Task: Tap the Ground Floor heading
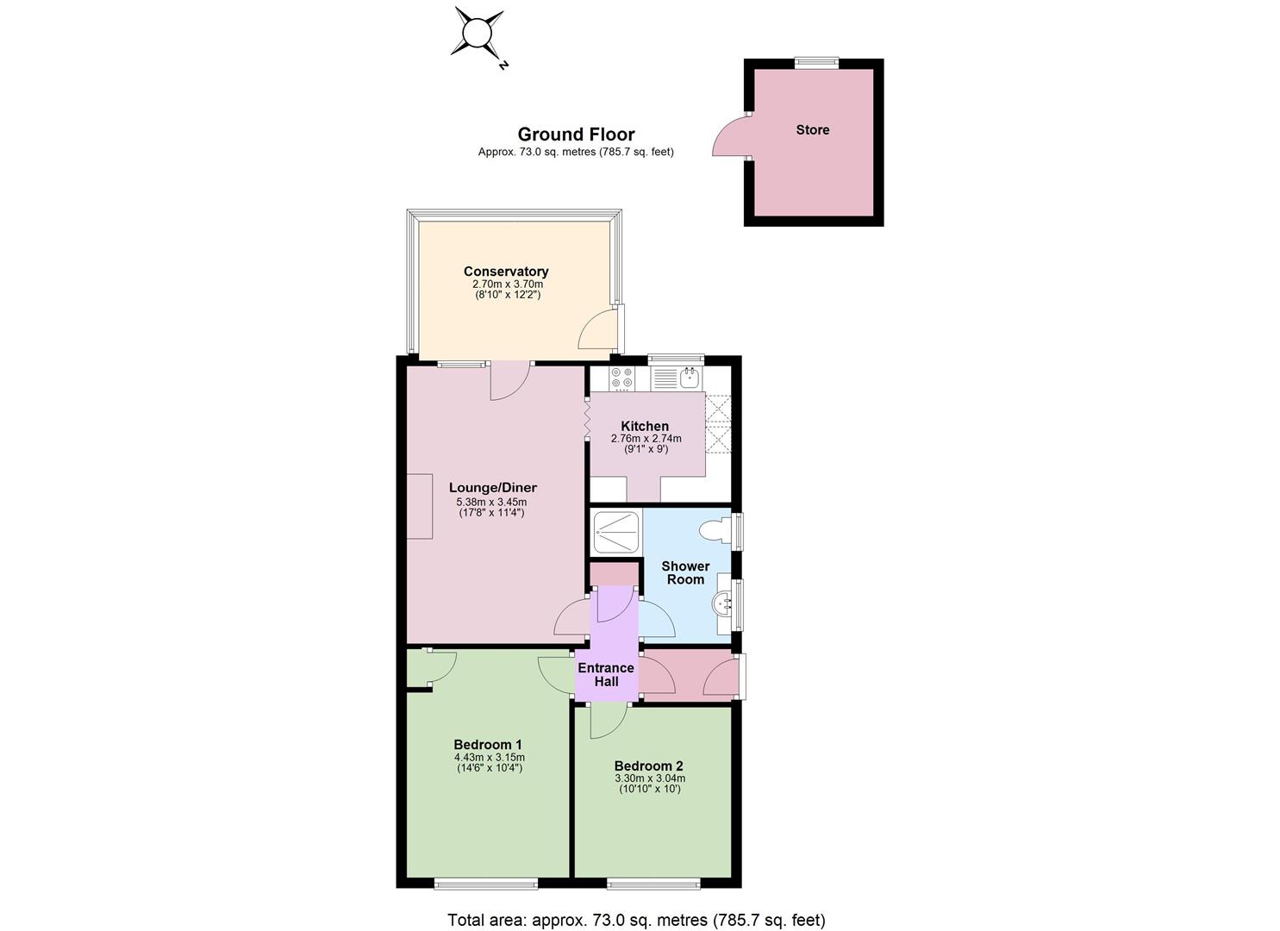point(576,134)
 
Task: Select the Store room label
point(813,129)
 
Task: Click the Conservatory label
point(506,272)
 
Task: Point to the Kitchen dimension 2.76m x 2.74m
point(646,439)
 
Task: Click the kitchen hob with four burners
point(621,378)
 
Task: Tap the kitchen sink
point(690,378)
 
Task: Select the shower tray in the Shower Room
point(616,533)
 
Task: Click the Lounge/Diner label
point(492,488)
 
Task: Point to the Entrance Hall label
point(606,674)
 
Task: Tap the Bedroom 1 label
point(487,744)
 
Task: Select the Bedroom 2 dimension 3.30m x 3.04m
point(650,778)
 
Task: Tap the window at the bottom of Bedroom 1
point(486,884)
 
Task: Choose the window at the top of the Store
point(817,62)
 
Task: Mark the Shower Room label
point(685,572)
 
